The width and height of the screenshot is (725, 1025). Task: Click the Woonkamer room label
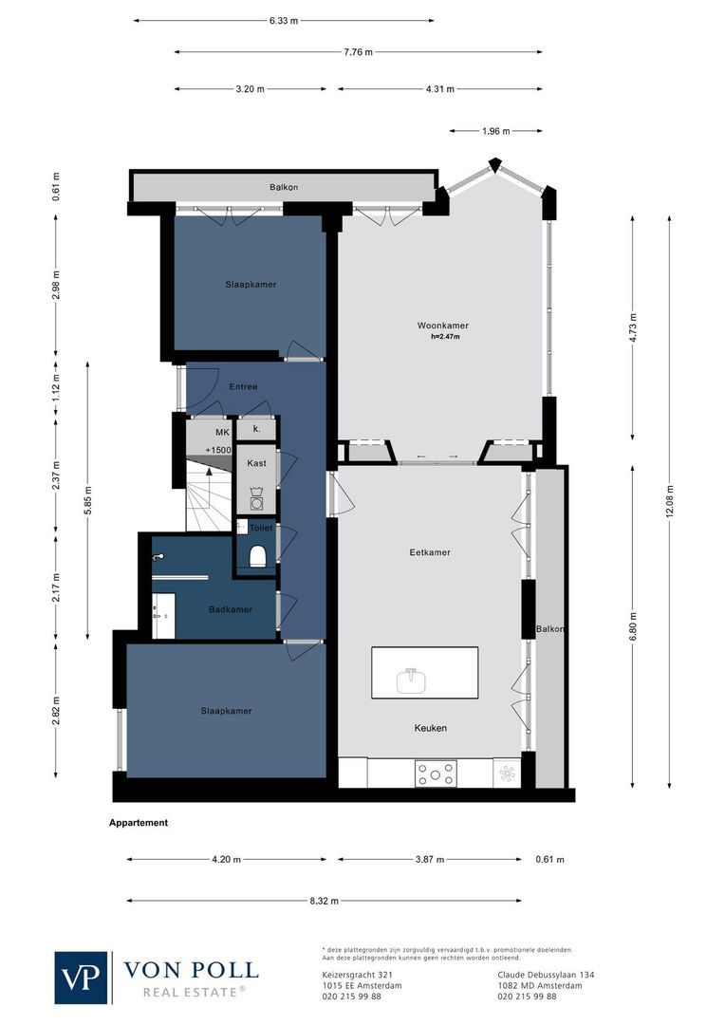tap(443, 326)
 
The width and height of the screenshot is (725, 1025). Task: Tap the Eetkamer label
tap(430, 552)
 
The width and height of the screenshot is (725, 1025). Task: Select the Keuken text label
tap(430, 728)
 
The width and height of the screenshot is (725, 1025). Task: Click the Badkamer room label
tap(231, 609)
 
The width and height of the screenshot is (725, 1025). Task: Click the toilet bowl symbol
tap(256, 556)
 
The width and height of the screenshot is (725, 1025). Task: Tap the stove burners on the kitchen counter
tap(436, 774)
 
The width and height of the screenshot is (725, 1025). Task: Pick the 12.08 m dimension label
tap(670, 501)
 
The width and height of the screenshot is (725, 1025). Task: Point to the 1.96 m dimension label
tap(494, 131)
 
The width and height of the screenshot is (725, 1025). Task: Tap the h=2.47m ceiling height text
tap(443, 336)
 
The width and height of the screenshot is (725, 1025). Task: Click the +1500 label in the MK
tap(217, 450)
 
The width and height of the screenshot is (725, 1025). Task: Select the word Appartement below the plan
tap(139, 823)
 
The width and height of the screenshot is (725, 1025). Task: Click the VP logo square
tap(82, 977)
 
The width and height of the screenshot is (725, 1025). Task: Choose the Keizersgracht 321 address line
tap(352, 975)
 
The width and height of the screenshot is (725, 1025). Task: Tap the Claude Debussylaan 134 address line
tap(546, 975)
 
